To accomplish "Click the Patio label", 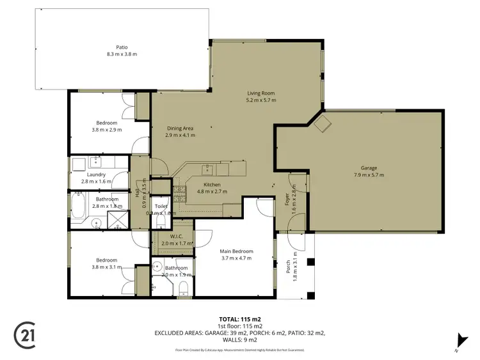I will pyautogui.click(x=122, y=47).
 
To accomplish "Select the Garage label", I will pyautogui.click(x=369, y=168).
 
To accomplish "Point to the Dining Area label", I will pyautogui.click(x=180, y=128).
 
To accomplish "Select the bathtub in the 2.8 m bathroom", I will pyautogui.click(x=79, y=207).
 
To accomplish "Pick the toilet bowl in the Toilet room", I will pyautogui.click(x=161, y=222).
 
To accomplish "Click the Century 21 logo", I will pyautogui.click(x=24, y=333).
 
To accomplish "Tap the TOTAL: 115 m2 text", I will pyautogui.click(x=239, y=319).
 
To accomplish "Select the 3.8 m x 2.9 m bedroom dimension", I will pyautogui.click(x=107, y=130).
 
